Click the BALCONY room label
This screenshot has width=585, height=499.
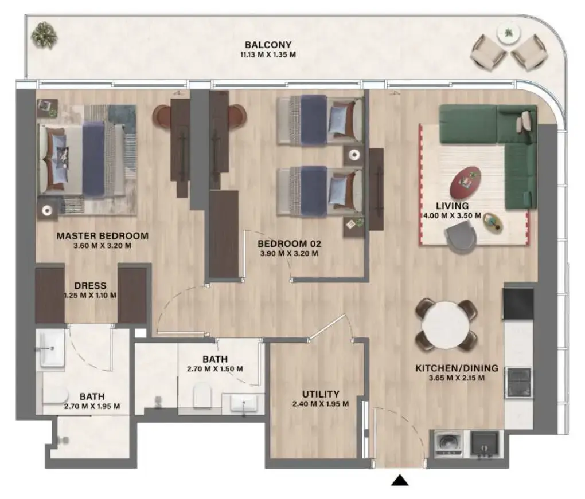click(268, 45)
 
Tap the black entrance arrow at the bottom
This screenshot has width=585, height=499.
click(400, 481)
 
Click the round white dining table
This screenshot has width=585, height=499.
click(446, 324)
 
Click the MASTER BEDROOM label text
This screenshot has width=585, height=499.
click(102, 235)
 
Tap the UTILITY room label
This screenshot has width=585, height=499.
click(321, 394)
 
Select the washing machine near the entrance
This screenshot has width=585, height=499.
click(449, 443)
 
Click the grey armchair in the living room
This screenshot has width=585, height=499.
click(463, 237)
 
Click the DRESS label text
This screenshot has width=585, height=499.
click(90, 286)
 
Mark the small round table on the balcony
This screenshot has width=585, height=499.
click(508, 34)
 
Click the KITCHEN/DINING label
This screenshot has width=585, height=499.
click(457, 368)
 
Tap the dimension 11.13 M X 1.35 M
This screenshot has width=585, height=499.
click(268, 55)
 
